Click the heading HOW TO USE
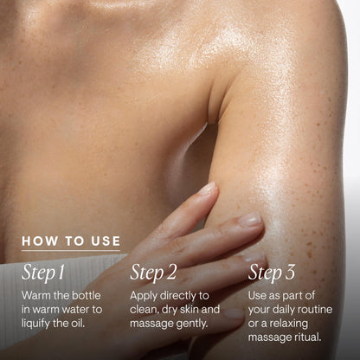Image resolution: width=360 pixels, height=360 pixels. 71,241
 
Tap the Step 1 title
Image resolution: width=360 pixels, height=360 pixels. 43,273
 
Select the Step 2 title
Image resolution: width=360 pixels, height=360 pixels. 153,273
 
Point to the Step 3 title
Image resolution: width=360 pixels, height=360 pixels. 272,273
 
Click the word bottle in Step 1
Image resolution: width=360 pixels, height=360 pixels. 87,296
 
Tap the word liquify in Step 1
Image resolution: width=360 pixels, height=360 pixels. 35,324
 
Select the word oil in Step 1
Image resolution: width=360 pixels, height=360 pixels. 78,324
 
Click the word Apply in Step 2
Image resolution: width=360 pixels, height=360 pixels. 144,296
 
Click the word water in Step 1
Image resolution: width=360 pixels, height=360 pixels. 75,310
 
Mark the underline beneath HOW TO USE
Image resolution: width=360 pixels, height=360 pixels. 71,250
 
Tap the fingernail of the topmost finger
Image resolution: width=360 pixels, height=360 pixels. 208,189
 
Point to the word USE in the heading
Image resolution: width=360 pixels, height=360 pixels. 106,241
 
